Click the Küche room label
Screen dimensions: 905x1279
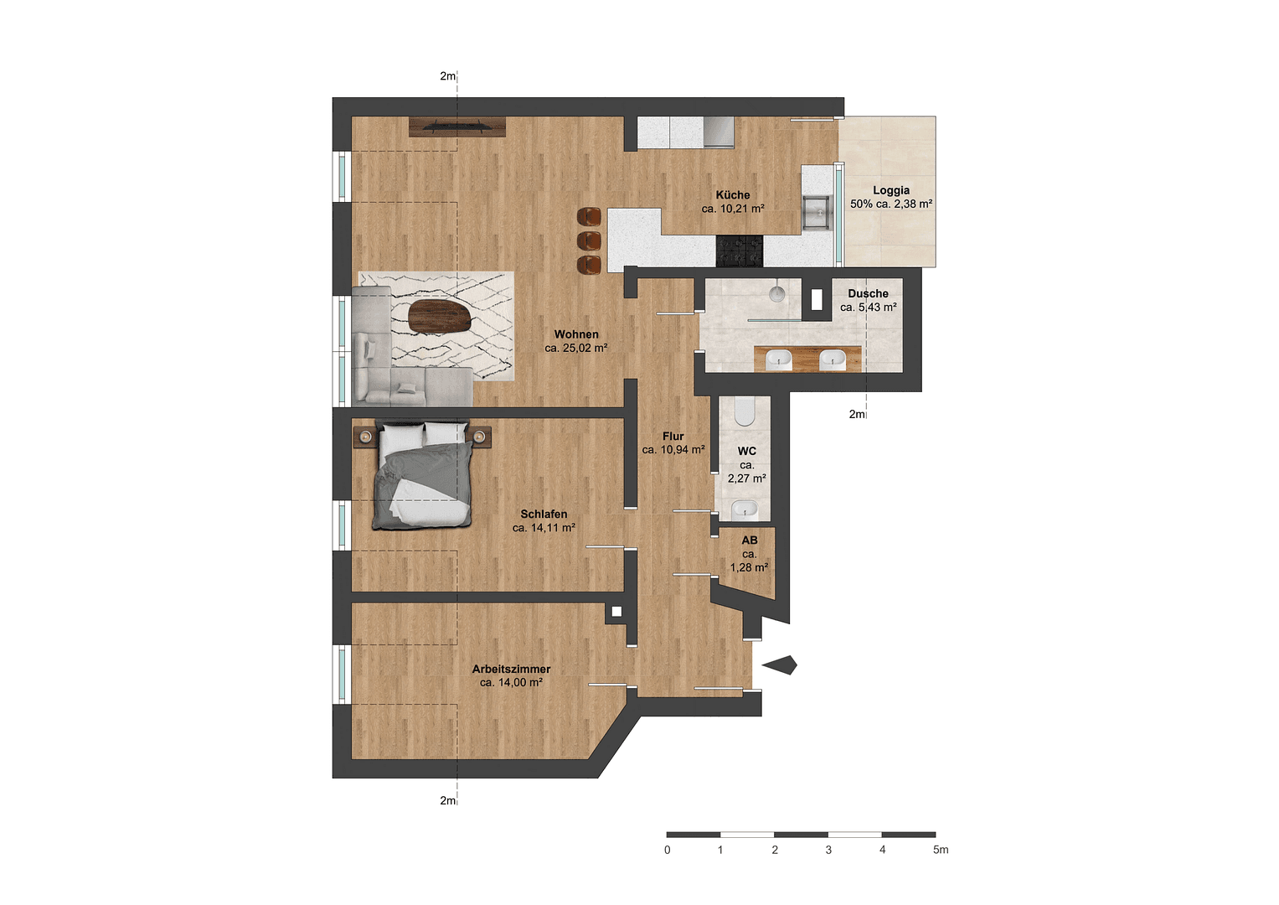click(733, 194)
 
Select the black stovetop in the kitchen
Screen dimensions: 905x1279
click(740, 251)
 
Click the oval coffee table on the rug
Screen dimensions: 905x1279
click(439, 317)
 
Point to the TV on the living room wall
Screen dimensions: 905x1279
click(457, 127)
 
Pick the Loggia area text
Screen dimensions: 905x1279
click(891, 204)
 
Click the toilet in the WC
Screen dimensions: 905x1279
click(745, 411)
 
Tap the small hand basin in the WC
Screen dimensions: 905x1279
click(744, 509)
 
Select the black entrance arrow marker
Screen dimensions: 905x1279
click(779, 665)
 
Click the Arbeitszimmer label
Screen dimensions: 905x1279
click(511, 669)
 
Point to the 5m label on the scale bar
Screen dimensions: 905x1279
click(941, 850)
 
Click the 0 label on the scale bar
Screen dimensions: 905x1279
click(668, 850)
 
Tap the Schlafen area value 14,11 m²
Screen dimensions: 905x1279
click(544, 528)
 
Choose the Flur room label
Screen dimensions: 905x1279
click(673, 436)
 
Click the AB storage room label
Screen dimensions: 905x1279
click(750, 540)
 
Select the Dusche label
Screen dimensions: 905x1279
click(868, 293)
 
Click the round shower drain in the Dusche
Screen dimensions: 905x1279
click(777, 292)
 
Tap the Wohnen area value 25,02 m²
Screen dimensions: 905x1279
click(576, 348)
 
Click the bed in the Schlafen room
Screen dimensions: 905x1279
click(422, 477)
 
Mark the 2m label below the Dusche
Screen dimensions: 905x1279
click(857, 414)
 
